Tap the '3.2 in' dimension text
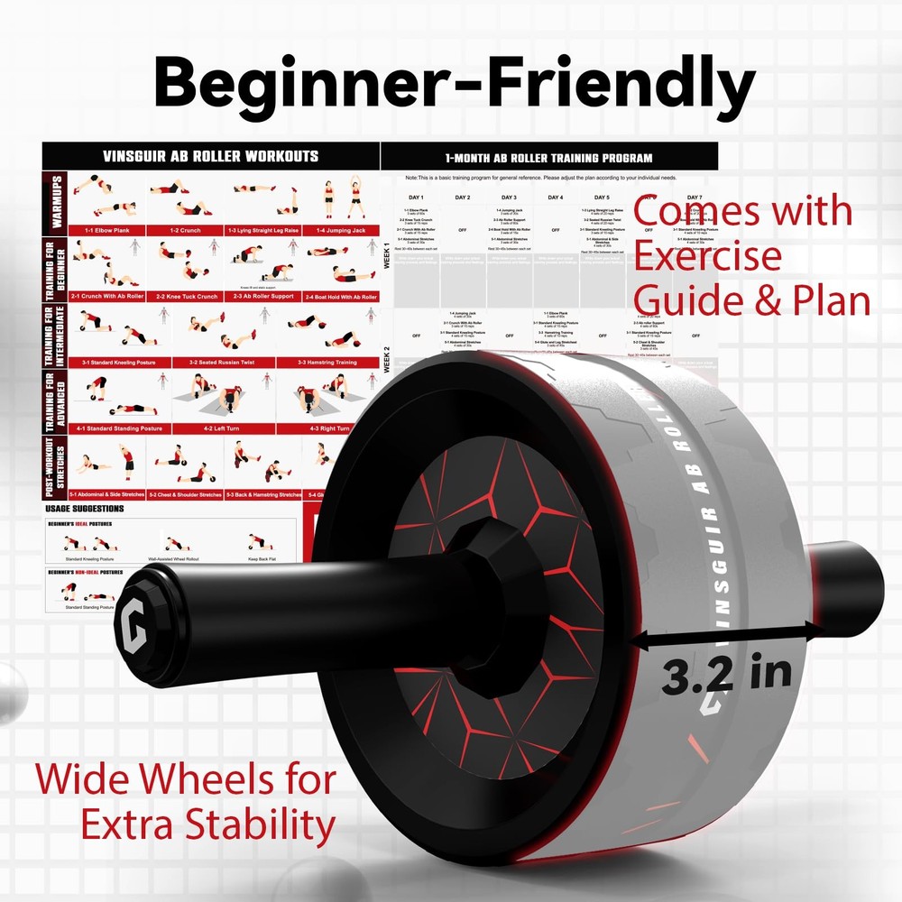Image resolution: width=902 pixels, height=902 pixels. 726,674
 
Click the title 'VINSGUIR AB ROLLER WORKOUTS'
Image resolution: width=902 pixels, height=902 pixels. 210,156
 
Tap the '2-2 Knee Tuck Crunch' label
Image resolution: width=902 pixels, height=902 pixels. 187,296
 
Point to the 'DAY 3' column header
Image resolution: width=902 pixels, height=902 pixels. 509,198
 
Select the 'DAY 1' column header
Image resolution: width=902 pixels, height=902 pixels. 416,198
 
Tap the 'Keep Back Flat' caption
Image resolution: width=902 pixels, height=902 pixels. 261,559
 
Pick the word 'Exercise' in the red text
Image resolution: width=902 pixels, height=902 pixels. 708,256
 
